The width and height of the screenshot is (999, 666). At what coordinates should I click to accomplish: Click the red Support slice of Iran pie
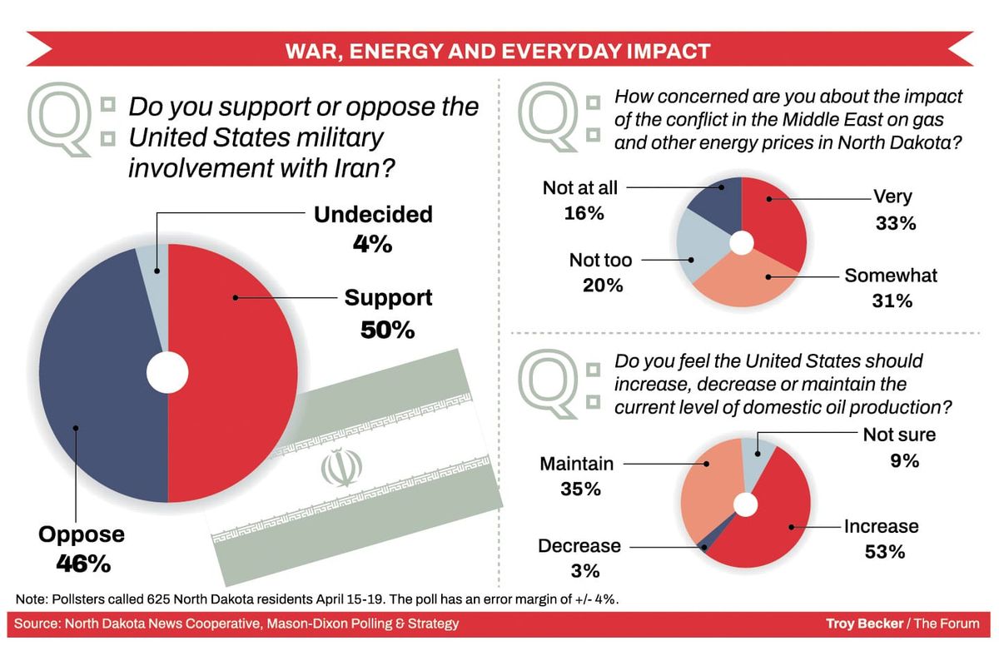tap(241, 375)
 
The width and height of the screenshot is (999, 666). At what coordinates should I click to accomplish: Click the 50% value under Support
tap(387, 330)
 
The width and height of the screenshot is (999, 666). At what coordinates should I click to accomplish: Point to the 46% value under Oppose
tap(82, 564)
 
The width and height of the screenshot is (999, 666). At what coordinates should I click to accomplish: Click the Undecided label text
tap(373, 214)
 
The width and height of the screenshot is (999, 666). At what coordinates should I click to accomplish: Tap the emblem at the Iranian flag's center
tap(337, 468)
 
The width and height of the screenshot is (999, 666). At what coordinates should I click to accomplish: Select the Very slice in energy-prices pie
tap(778, 221)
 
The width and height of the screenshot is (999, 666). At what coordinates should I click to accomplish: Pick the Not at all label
tap(580, 187)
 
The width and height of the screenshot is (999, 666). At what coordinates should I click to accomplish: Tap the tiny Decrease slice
tap(707, 546)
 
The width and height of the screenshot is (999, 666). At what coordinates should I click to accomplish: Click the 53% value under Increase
tap(882, 551)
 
